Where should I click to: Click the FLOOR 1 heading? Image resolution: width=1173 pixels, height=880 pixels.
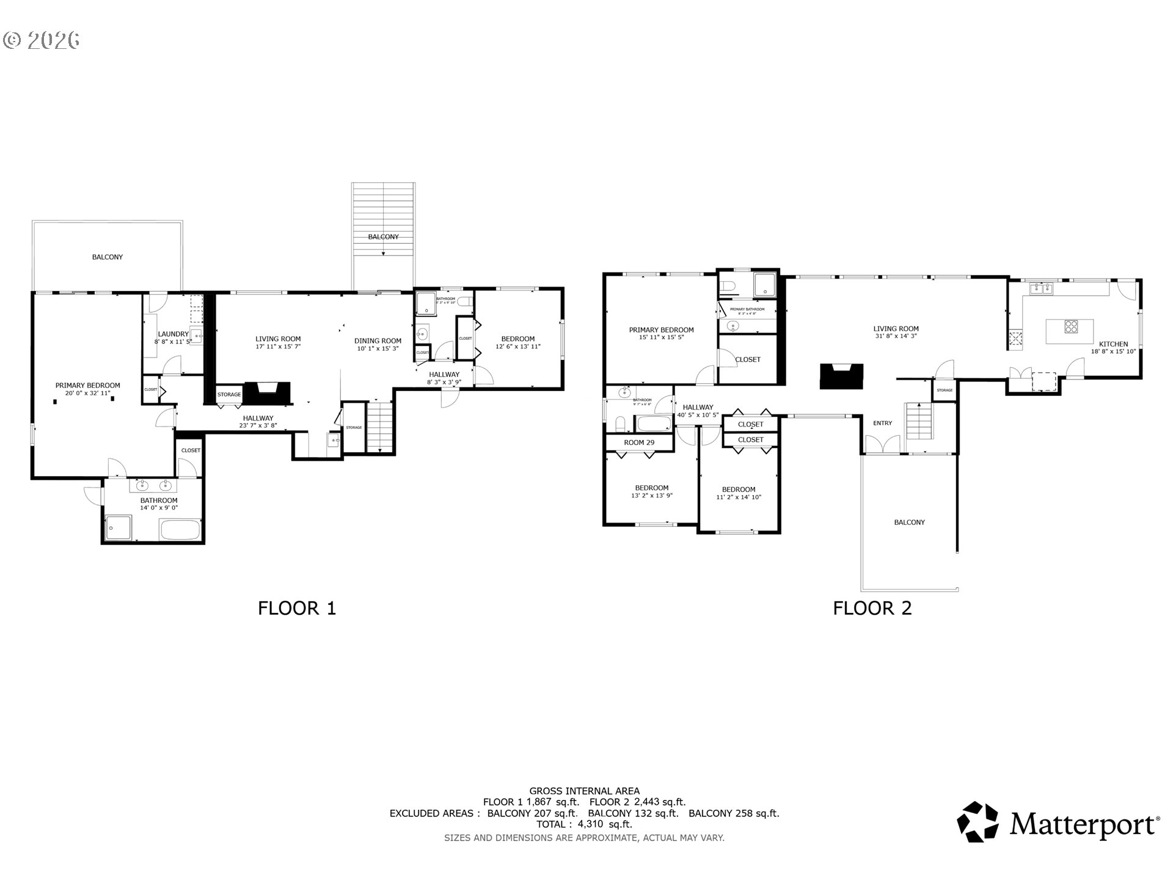tap(297, 608)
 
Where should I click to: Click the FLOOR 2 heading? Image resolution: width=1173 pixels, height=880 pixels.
tap(872, 608)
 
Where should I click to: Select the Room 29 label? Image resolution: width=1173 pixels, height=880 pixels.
tap(639, 442)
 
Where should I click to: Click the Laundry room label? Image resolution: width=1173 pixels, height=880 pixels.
tap(173, 334)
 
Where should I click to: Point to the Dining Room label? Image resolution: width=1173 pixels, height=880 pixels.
tap(378, 341)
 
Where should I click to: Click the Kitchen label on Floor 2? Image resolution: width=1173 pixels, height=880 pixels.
tap(1113, 344)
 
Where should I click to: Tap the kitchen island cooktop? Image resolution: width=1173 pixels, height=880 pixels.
tap(1071, 326)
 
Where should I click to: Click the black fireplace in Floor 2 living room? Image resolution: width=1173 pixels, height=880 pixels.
tap(841, 376)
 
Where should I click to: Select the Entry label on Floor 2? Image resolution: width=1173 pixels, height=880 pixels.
tap(882, 423)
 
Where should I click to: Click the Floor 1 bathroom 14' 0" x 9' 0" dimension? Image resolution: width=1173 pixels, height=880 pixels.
tap(159, 508)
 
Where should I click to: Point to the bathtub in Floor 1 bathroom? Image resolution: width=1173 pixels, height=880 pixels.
tap(180, 530)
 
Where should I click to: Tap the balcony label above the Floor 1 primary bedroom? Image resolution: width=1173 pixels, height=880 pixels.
tap(108, 257)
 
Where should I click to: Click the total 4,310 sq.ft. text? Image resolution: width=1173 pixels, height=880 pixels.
tap(584, 824)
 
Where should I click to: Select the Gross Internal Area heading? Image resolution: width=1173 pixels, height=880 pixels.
tap(584, 791)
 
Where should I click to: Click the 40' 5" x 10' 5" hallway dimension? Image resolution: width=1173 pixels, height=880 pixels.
tap(698, 415)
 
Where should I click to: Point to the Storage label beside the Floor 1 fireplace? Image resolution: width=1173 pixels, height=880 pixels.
tap(229, 395)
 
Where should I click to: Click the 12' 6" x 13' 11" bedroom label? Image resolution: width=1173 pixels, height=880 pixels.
tap(517, 346)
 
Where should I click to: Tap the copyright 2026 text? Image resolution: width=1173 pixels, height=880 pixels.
tap(42, 40)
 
